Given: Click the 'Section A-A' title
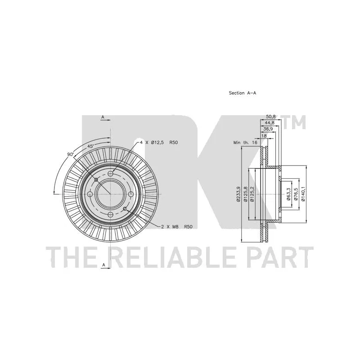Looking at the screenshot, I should tap(242, 93).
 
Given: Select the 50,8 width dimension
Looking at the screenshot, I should tap(271, 116).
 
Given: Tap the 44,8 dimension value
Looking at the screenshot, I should tap(270, 122).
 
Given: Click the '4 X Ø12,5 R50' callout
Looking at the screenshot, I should tap(159, 142).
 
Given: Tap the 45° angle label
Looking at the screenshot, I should tap(90, 146).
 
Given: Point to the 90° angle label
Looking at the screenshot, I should tap(70, 154).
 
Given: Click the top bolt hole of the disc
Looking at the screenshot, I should tap(110, 174).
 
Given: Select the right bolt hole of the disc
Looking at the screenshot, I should tap(130, 194).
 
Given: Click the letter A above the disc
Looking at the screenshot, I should tap(103, 117).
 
